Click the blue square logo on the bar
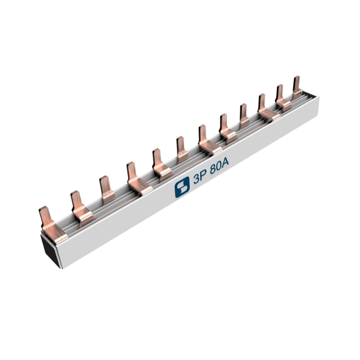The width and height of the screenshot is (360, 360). [182, 187]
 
